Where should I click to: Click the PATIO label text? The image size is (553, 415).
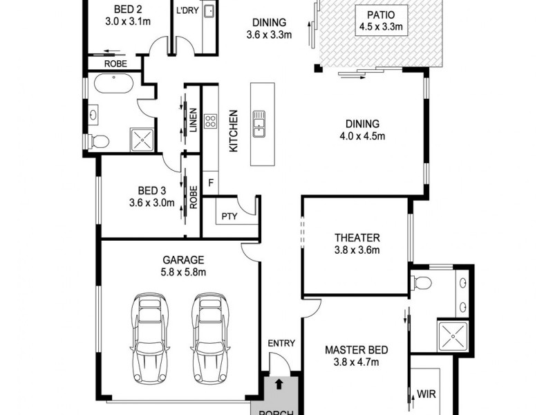click(380, 15)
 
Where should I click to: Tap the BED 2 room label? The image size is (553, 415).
click(127, 10)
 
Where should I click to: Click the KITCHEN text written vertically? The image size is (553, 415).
click(234, 131)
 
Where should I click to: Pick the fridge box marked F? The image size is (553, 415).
click(210, 184)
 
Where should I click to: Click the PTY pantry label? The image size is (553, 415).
click(229, 216)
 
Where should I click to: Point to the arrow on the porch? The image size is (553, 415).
click(279, 382)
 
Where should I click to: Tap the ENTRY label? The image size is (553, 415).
click(281, 343)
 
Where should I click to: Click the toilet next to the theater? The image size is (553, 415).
click(420, 282)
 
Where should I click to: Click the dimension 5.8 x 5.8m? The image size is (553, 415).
click(182, 272)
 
